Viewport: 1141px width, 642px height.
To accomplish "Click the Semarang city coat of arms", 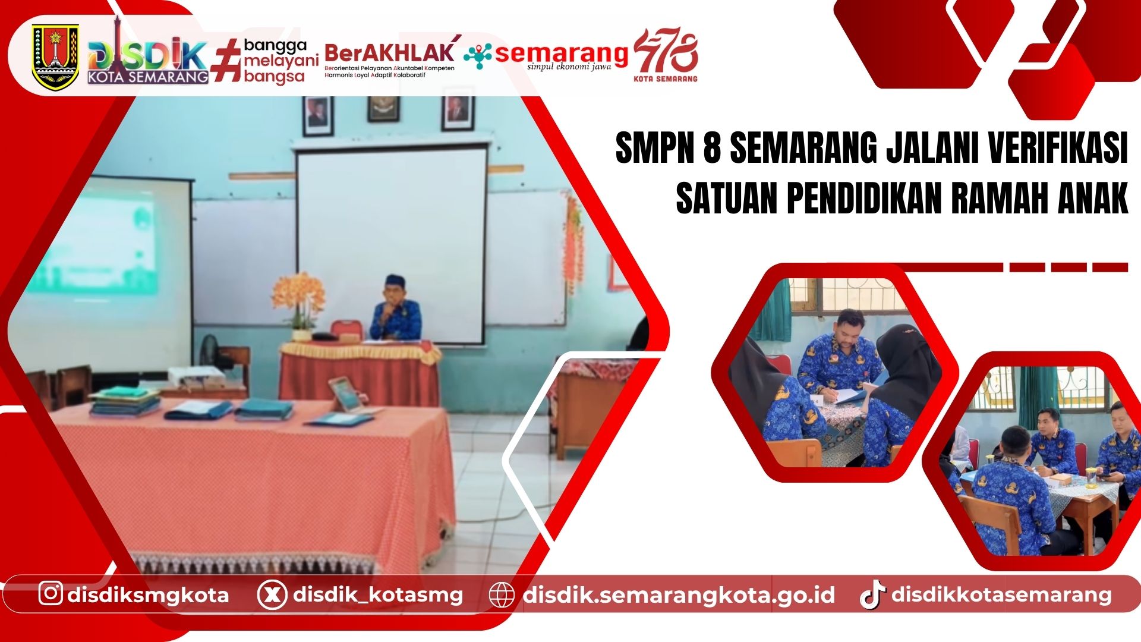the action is coord(55,57).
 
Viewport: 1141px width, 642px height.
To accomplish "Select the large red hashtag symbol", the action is coord(226,59).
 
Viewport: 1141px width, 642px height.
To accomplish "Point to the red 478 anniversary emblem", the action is coord(666,55).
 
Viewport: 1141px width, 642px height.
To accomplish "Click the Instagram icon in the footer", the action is coord(51,593).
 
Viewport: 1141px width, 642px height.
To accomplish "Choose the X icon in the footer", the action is coord(272,594).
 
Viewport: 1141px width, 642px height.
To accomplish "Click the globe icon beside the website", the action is coord(501,595).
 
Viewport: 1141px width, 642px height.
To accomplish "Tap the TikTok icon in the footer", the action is coord(872,594).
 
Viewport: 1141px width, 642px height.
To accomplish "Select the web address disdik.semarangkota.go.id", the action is coord(679,595).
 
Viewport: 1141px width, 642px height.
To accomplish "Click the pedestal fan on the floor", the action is coord(212,351).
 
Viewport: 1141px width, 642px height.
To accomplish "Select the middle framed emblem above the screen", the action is coord(383,109).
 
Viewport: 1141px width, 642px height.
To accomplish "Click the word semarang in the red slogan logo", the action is coord(561,53).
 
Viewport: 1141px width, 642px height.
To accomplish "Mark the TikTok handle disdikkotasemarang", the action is coord(1001,594).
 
